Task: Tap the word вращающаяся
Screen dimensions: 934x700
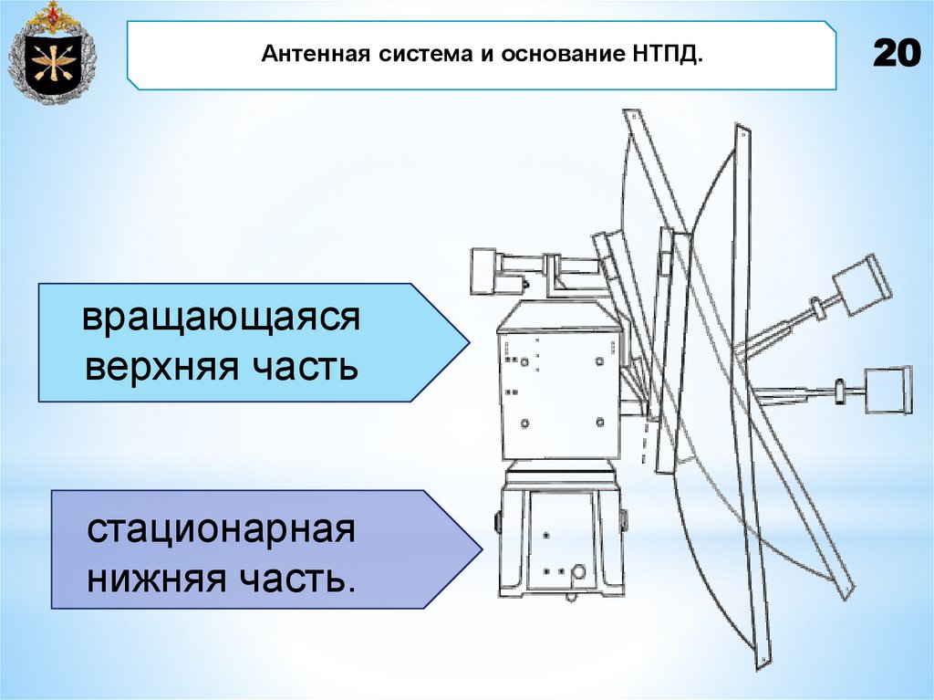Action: [x=221, y=319]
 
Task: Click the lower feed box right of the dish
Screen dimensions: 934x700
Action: [x=887, y=392]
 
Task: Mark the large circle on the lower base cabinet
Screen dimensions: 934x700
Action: [x=578, y=572]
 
